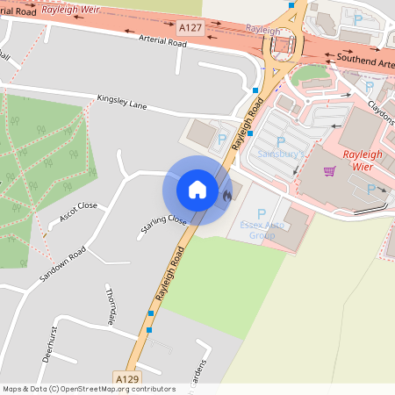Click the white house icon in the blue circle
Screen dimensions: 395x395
(x=197, y=189)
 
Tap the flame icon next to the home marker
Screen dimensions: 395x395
(x=226, y=197)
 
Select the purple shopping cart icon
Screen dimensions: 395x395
(x=329, y=171)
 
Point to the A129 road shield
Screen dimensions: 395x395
(x=125, y=378)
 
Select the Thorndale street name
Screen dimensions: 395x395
(x=111, y=304)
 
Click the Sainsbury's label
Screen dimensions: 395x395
(x=280, y=154)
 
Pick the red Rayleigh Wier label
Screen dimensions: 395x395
(x=363, y=160)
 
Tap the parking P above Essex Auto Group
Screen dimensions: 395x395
(x=261, y=213)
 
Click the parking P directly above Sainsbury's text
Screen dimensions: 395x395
(x=281, y=140)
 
